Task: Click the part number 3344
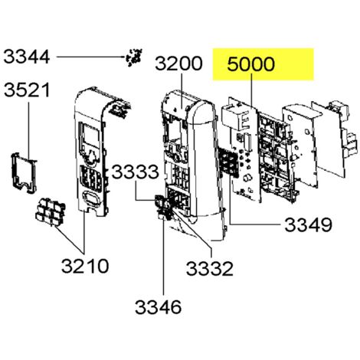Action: coord(27,57)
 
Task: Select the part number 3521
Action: coord(27,90)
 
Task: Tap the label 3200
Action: coord(178,64)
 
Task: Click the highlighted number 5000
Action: coord(251,64)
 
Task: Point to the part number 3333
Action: coord(136,172)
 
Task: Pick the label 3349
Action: coord(308,225)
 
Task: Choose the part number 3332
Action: coord(210,268)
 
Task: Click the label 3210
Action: coord(85,266)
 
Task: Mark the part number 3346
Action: coord(159,307)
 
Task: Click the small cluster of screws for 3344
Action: coord(134,57)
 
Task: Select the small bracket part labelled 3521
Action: coord(24,173)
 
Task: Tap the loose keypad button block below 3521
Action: coord(50,212)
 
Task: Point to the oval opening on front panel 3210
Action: coord(90,199)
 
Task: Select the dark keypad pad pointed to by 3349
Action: coord(227,162)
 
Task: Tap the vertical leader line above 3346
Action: coord(164,258)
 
